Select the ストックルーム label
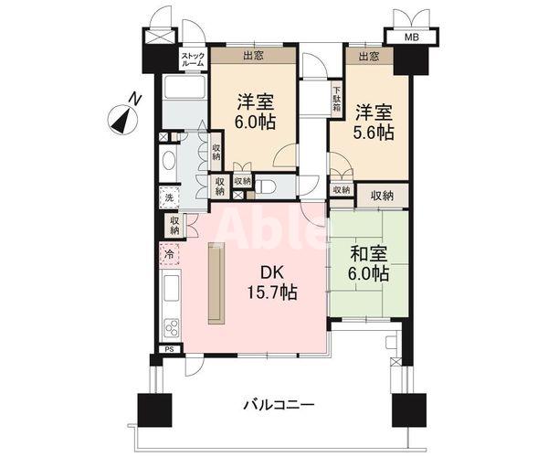click(193, 59)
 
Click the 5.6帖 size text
click(374, 133)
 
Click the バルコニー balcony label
click(279, 403)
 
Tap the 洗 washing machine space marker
click(169, 197)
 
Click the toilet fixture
click(266, 186)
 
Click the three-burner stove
click(171, 328)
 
